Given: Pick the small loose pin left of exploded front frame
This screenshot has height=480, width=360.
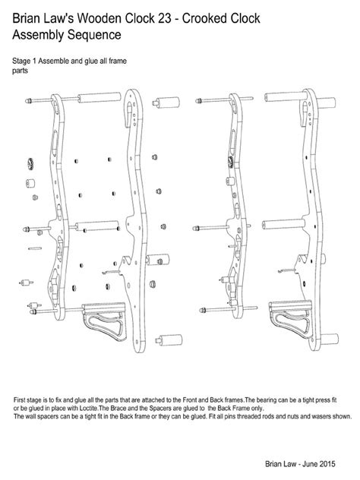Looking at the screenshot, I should (x=34, y=248).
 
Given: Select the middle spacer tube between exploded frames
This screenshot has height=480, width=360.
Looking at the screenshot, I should (x=99, y=226).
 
